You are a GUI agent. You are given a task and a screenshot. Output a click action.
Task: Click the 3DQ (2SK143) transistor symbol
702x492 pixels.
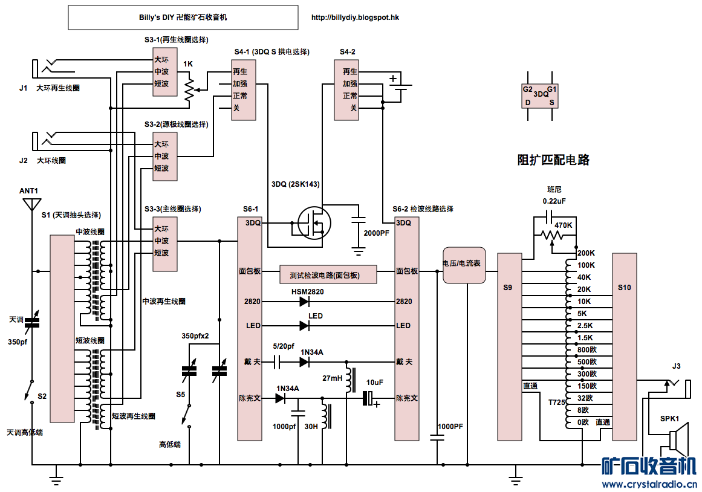coord(314,223)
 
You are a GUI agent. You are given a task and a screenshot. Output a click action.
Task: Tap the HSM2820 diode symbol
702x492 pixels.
coord(304,302)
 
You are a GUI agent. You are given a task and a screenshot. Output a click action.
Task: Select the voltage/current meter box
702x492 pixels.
coord(464,265)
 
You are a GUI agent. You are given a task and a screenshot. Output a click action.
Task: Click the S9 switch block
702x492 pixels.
coord(510,347)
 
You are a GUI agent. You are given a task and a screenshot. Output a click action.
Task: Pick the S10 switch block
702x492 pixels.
coord(625,347)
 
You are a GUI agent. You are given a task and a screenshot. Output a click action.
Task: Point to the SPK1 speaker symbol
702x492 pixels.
coord(678,439)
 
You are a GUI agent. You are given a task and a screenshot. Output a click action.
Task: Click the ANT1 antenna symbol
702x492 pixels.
coord(31,205)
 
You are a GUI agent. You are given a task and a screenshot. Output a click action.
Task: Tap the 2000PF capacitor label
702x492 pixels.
coord(376,233)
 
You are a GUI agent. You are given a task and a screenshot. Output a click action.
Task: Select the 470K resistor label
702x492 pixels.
coord(563,225)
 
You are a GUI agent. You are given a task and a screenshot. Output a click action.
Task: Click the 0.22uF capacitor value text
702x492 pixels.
coord(554,201)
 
